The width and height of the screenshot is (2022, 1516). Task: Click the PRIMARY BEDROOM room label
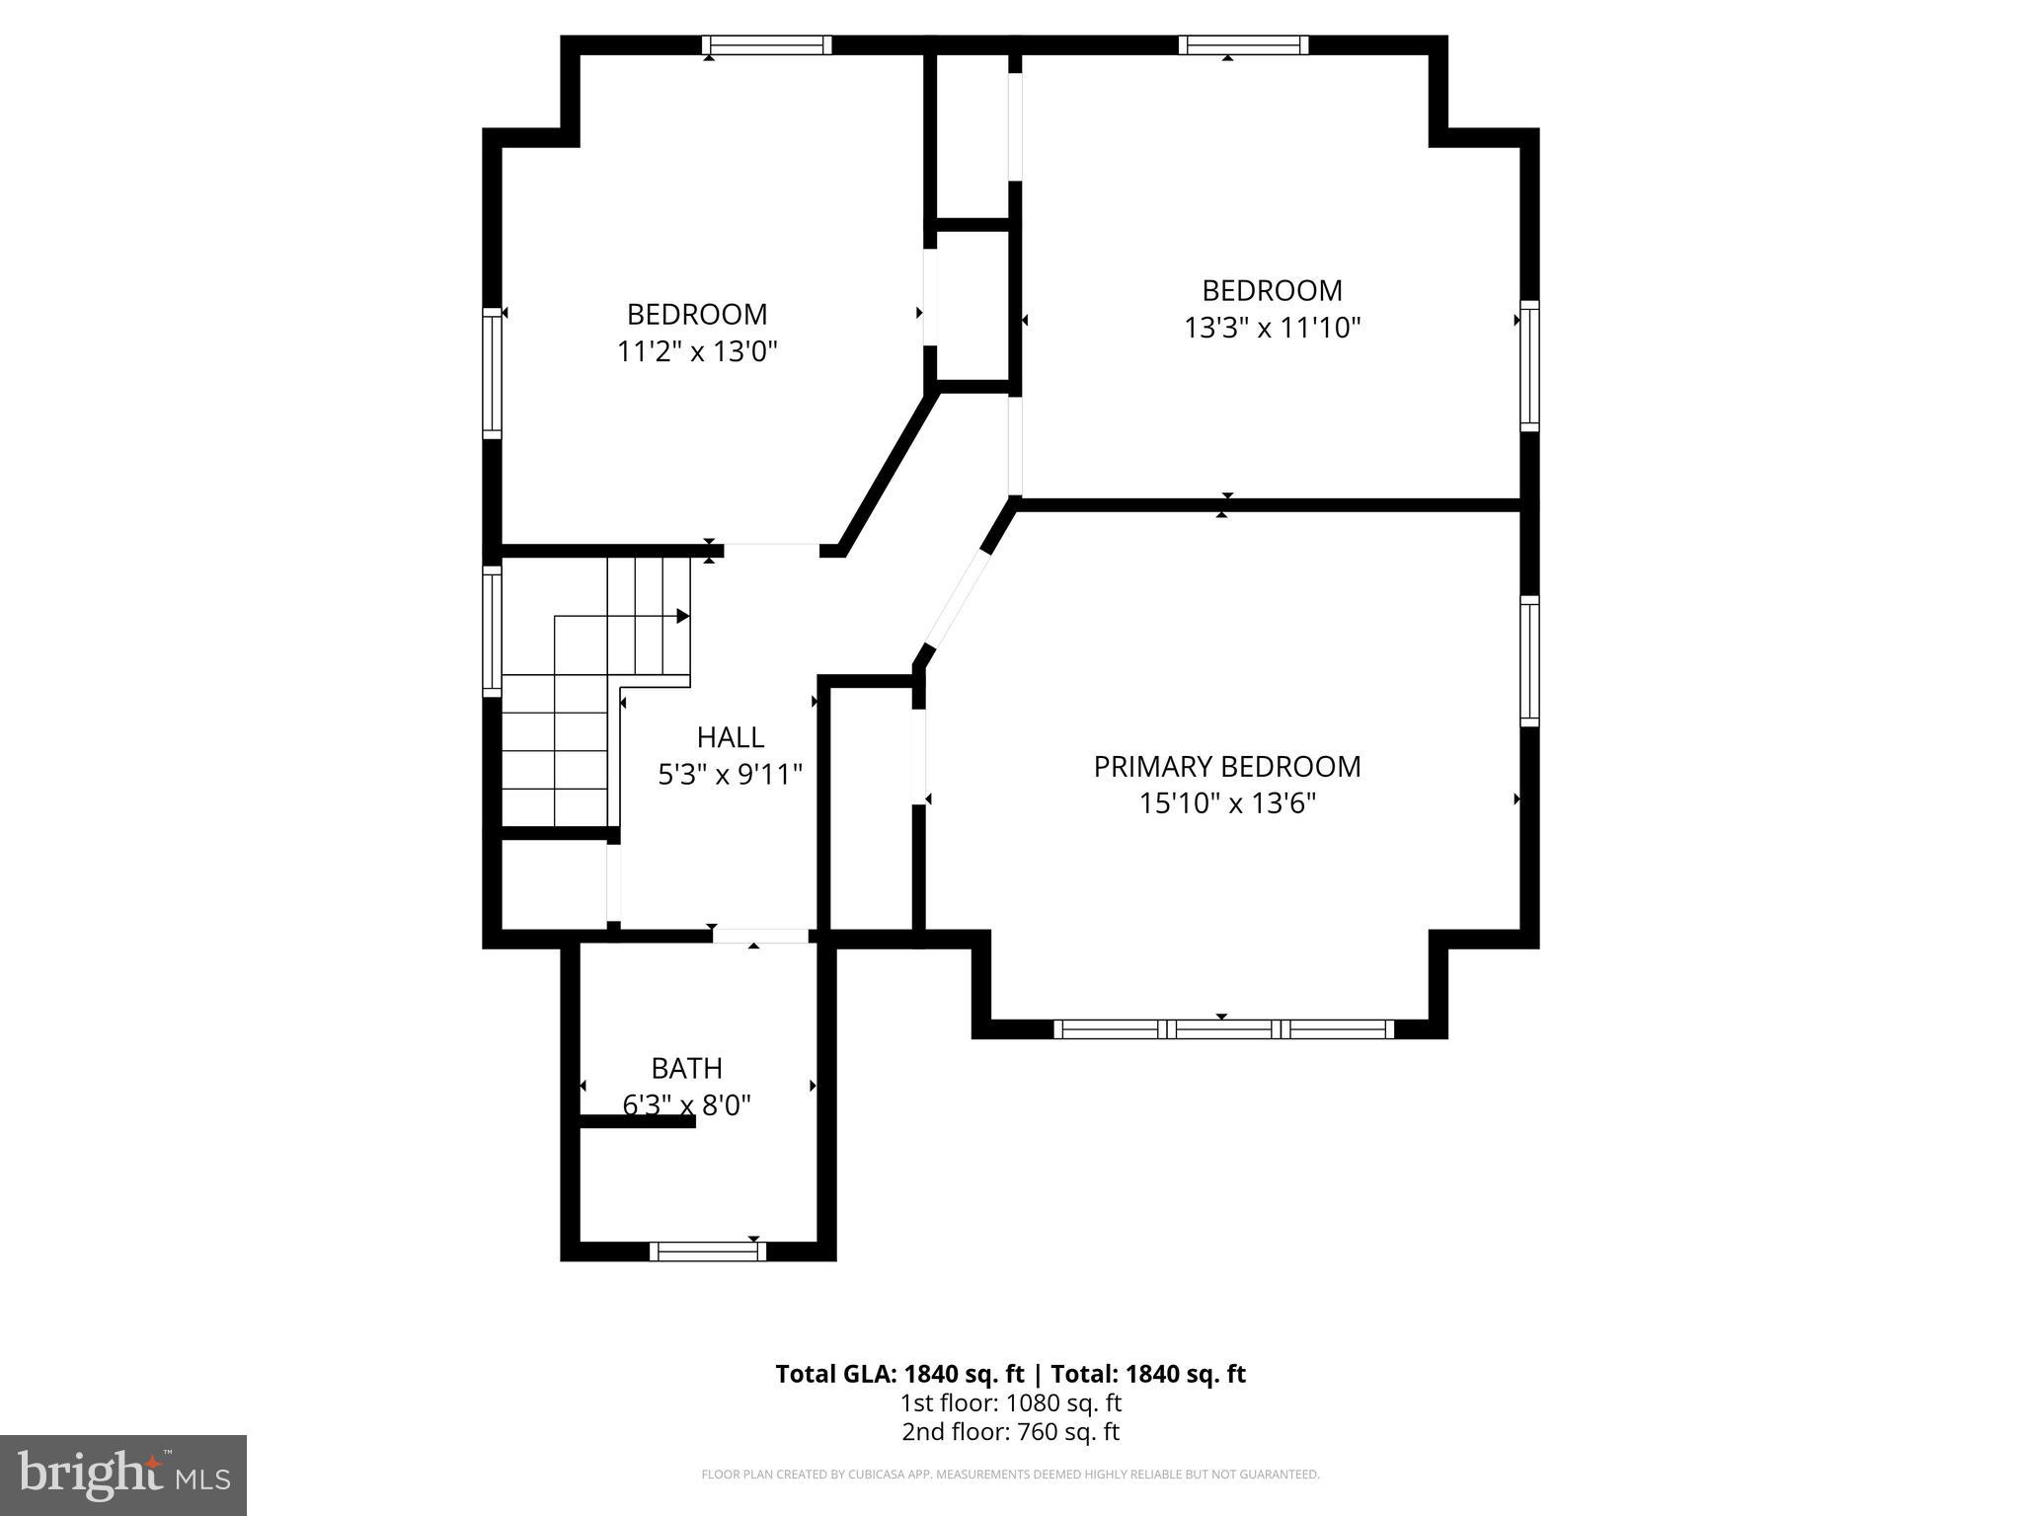1226,767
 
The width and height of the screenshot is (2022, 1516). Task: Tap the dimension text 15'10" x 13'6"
1226,803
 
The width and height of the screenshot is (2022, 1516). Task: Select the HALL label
730,737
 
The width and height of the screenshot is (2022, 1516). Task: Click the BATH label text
686,1068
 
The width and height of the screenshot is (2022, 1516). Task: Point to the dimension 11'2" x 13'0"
697,351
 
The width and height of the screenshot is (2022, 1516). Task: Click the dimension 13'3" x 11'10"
1272,328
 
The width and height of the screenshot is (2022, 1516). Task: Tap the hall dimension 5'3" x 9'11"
730,775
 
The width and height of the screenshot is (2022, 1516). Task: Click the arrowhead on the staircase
682,616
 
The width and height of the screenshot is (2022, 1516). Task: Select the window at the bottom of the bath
708,1251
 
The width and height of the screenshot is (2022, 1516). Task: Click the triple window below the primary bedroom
1223,1029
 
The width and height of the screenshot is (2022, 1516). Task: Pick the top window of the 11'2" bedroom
766,45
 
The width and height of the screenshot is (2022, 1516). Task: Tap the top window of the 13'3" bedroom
1243,45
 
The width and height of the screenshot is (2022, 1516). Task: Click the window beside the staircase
492,631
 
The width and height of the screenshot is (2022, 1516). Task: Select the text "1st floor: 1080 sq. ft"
1010,1402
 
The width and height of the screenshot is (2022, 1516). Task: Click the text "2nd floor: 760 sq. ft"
1010,1432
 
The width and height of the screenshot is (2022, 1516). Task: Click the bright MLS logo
123,1475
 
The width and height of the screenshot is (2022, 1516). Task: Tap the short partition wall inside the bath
637,1121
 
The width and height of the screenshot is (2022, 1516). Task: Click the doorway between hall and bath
760,936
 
